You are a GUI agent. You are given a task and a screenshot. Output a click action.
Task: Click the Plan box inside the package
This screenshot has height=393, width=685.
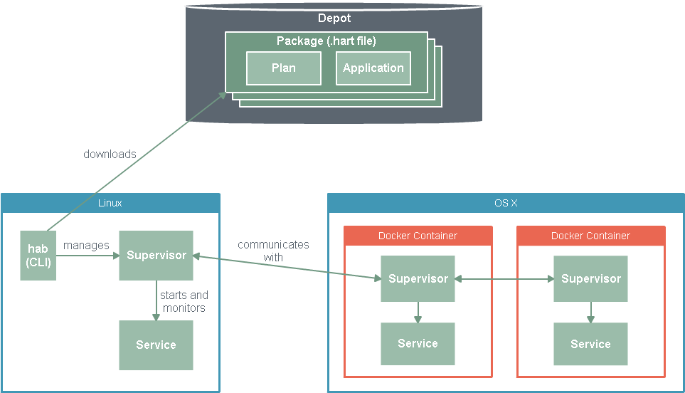coord(284,68)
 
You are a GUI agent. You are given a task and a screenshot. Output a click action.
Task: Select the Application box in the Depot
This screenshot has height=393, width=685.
coord(373,68)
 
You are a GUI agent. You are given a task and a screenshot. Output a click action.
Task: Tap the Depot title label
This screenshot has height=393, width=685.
coord(334,18)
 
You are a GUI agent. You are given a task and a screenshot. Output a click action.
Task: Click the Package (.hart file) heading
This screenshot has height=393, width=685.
coord(326,41)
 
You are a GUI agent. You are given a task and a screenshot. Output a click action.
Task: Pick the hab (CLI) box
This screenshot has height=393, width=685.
coord(38,256)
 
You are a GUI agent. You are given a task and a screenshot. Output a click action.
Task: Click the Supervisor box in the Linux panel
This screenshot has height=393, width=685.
coord(156,256)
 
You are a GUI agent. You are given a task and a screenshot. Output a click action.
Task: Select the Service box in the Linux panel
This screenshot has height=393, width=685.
coord(156,345)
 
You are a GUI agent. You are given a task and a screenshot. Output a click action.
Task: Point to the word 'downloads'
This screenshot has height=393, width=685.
coord(110,154)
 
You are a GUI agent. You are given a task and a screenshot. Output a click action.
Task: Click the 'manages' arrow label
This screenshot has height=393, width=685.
coord(86,246)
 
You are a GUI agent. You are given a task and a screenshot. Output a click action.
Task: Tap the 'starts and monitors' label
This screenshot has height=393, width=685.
coord(184,301)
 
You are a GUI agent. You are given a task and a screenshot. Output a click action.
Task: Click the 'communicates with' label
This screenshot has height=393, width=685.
coord(273,251)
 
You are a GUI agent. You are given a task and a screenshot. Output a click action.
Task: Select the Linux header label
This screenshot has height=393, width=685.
coord(110,203)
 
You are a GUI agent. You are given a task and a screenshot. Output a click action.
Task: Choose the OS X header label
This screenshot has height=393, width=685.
coord(506,203)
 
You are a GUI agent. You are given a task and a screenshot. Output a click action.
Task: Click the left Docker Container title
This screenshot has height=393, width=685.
coord(418,236)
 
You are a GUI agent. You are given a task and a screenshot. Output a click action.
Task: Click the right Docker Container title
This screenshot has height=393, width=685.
coord(590,236)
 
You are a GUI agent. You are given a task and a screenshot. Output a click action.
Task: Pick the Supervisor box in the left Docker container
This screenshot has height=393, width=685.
coord(418,279)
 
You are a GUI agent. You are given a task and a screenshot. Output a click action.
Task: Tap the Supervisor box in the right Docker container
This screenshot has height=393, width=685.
coord(590,279)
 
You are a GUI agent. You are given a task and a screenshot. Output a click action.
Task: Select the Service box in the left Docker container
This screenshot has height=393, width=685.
coord(418,344)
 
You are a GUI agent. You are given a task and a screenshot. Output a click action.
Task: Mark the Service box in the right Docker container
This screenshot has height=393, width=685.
coord(590,344)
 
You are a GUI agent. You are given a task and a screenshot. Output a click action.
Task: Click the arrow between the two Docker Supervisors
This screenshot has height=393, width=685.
coord(504,279)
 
